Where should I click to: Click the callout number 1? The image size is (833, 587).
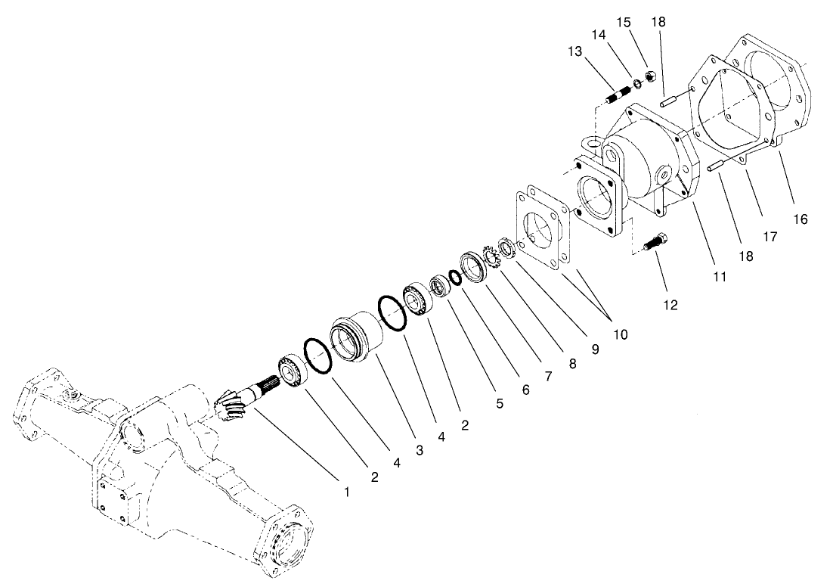tap(347, 492)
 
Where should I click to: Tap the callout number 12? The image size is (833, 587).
tap(670, 305)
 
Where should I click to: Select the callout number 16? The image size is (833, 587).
tap(800, 219)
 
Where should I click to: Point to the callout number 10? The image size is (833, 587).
tap(620, 333)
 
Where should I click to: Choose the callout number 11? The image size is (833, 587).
tap(719, 277)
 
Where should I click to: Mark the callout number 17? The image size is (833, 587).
tap(770, 236)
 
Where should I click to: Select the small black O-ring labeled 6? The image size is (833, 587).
tap(455, 278)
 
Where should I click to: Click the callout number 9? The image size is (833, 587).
tap(596, 350)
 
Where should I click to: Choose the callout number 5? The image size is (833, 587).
tap(500, 403)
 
